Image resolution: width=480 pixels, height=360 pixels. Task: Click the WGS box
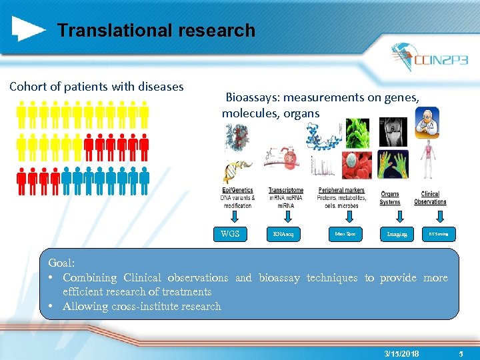(x=230, y=233)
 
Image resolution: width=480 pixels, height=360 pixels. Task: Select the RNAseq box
(x=286, y=234)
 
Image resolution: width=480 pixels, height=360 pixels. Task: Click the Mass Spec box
(x=344, y=234)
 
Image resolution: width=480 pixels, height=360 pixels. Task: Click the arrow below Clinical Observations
(x=440, y=217)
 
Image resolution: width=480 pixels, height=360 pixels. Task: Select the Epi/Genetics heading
(x=237, y=191)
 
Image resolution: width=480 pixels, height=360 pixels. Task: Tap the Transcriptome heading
(x=285, y=191)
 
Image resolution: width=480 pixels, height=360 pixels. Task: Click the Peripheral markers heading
(x=341, y=190)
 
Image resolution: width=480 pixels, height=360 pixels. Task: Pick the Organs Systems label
(x=390, y=198)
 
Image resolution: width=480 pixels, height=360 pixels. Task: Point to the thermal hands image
(x=393, y=165)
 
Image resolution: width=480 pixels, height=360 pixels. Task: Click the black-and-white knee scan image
(x=393, y=132)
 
